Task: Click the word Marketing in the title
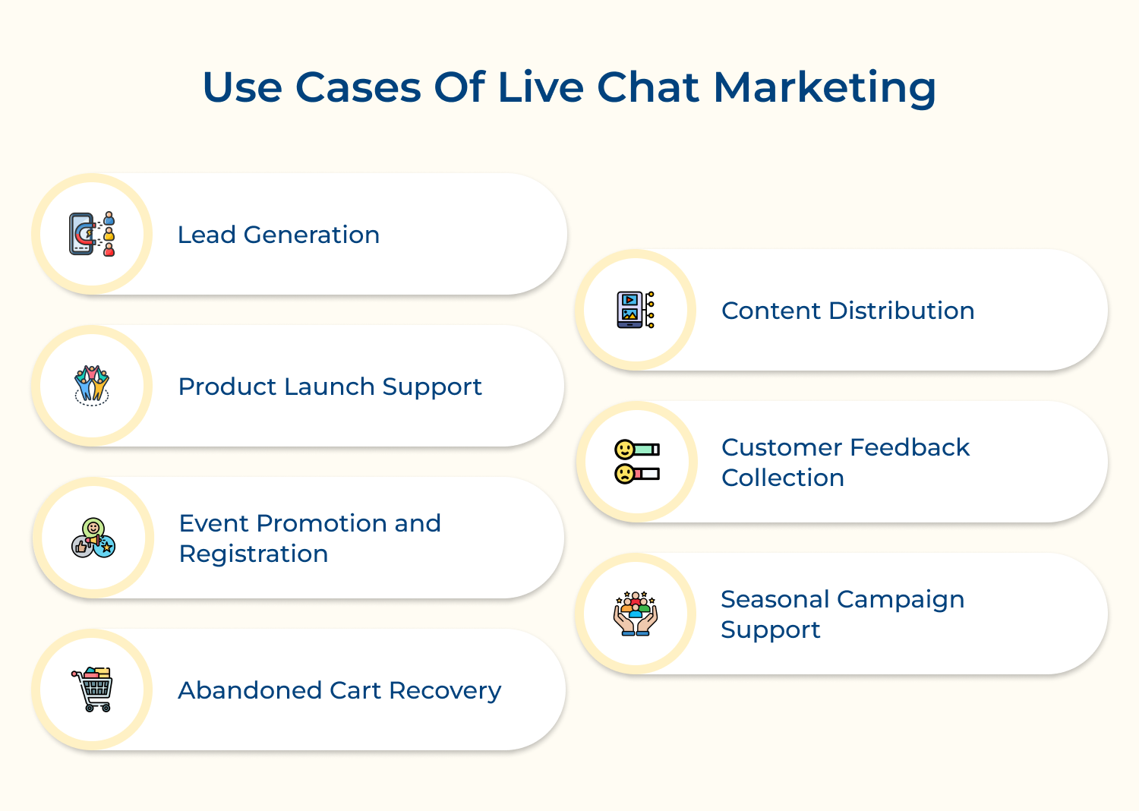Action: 824,89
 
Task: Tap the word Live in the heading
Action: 541,87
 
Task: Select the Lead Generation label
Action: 279,235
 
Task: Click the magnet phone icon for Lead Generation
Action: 92,234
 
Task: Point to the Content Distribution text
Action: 847,311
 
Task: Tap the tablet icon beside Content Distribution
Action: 635,310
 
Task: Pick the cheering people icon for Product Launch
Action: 92,386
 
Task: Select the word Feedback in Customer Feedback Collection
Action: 910,447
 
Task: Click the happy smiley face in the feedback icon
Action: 624,450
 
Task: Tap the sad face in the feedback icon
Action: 624,474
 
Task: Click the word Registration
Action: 253,554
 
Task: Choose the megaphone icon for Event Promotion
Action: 93,538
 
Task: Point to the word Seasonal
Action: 775,599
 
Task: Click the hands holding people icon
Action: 636,614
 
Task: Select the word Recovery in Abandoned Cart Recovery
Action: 445,690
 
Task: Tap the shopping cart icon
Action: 92,689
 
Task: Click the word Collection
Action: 783,478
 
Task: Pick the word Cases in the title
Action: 358,87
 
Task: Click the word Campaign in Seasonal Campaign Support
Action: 901,600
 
